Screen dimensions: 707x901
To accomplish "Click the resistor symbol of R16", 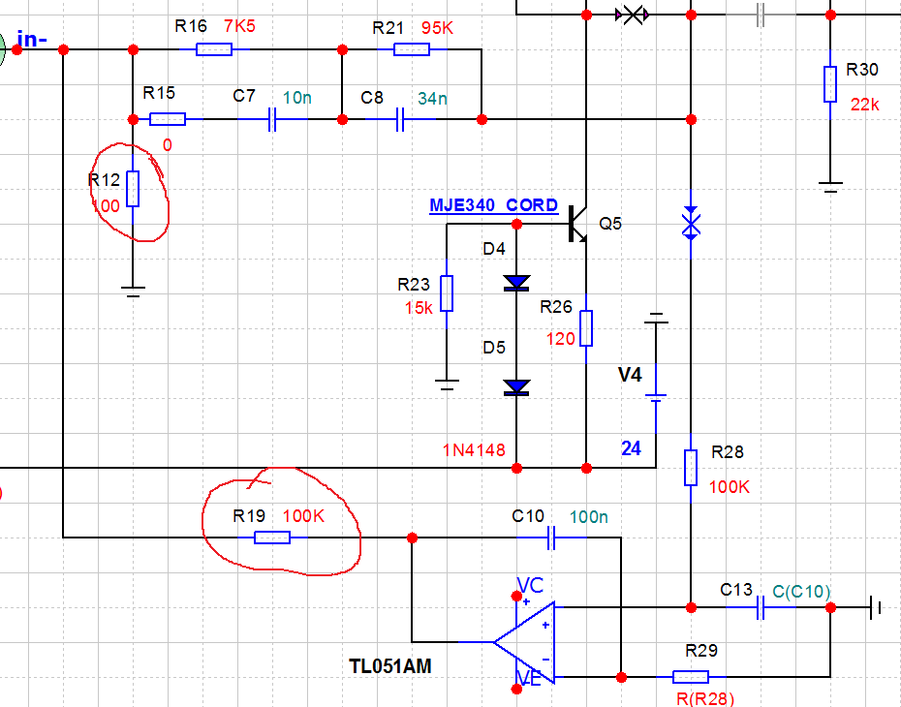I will point(214,49).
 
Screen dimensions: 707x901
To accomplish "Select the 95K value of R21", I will point(437,28).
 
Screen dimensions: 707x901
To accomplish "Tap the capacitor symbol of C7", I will point(273,119).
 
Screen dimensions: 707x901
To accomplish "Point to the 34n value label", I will point(433,98).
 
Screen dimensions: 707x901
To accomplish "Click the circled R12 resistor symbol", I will point(133,189).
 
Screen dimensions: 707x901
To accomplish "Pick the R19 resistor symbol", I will point(272,537).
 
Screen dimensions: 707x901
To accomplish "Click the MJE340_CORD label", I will point(493,205).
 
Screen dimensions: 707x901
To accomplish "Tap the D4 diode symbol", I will point(516,283).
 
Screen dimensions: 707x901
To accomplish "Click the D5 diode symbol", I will point(516,387).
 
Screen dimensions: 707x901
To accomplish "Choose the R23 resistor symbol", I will point(447,292).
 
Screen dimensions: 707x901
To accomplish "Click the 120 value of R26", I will point(561,339).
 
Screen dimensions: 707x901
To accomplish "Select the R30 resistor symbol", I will point(830,84).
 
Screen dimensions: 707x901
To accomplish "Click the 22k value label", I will point(865,105).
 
